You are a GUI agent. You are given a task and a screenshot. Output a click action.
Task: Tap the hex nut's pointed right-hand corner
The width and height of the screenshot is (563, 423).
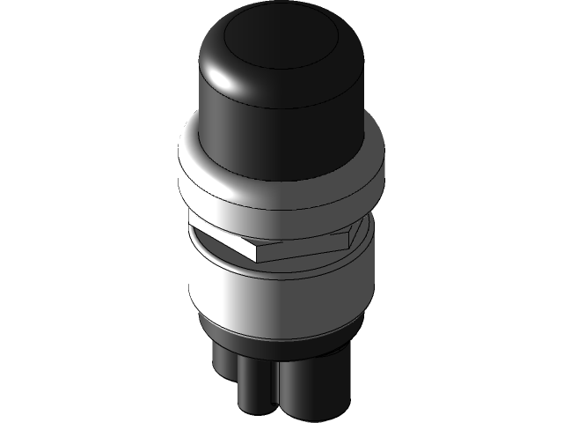(361, 231)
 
